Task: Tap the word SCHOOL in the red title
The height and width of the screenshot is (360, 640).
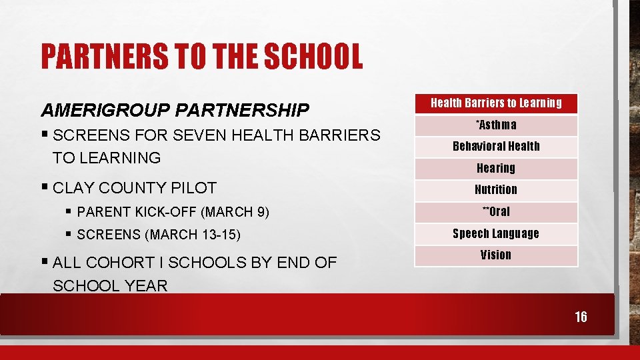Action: click(313, 57)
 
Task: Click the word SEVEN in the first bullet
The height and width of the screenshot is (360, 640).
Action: click(199, 135)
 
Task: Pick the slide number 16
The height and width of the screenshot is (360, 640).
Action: click(581, 317)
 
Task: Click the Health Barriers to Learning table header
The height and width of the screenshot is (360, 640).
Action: click(496, 103)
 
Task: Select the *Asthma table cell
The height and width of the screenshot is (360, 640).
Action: click(496, 125)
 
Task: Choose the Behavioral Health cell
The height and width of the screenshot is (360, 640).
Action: click(496, 146)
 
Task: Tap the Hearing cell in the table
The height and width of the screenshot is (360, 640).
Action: click(496, 168)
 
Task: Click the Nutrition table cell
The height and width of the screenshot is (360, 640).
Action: click(496, 190)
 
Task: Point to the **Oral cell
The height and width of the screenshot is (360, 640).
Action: click(496, 211)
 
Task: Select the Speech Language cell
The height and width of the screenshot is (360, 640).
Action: click(496, 233)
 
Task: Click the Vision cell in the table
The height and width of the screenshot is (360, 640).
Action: click(496, 255)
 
